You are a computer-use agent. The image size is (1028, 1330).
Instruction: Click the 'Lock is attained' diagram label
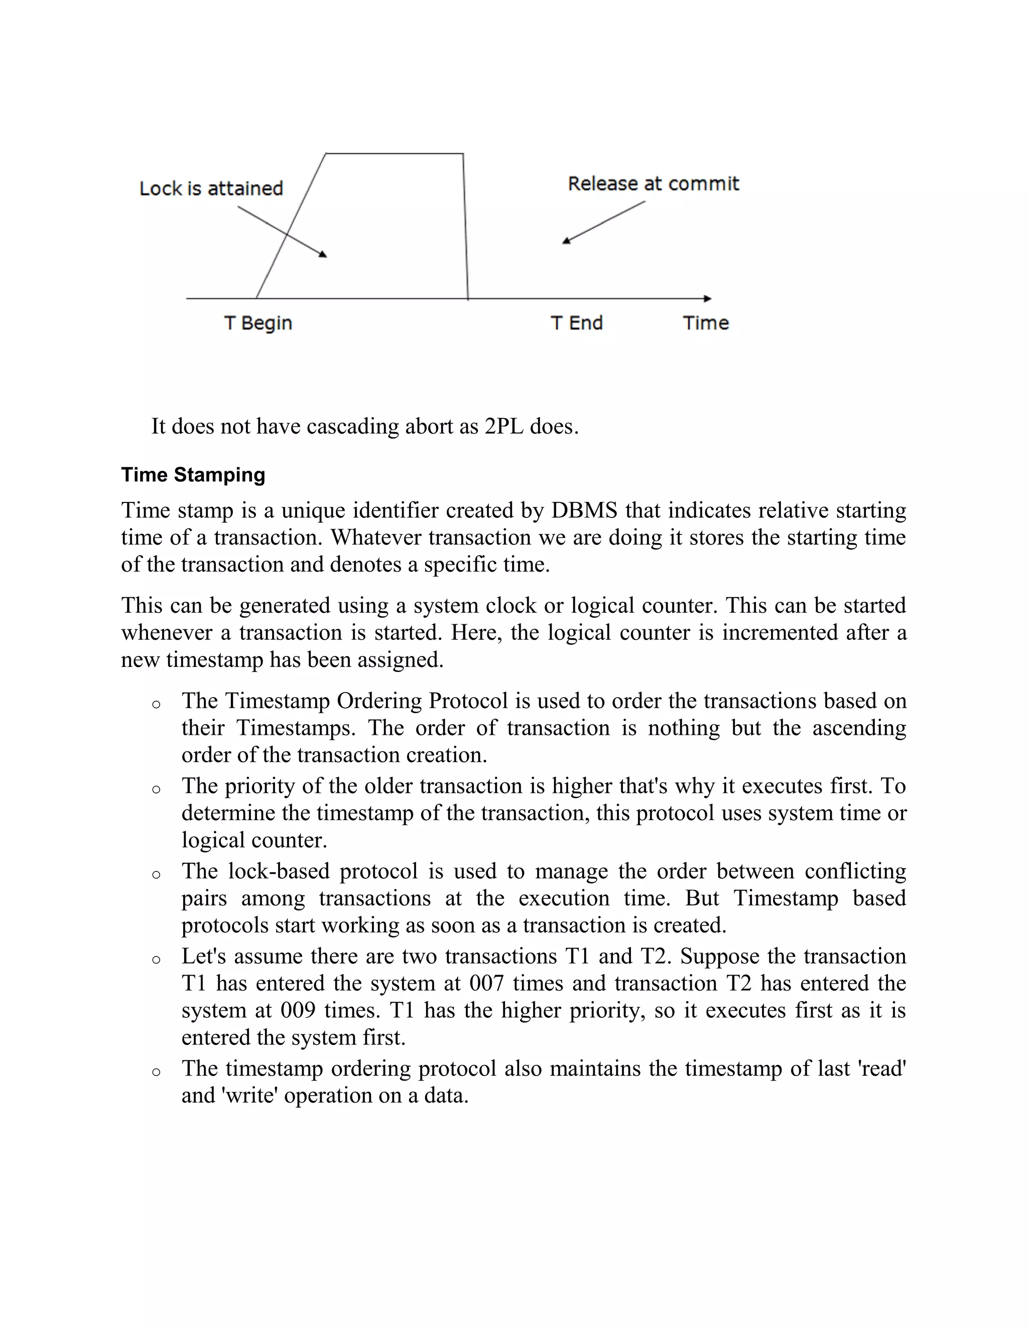click(x=211, y=188)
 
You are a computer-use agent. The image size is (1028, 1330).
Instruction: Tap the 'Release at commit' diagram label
click(x=653, y=183)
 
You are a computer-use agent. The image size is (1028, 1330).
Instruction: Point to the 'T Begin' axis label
click(x=258, y=323)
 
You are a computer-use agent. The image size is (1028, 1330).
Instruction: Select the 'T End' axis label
click(x=576, y=323)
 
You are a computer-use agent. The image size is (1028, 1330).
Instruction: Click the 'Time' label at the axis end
click(x=705, y=323)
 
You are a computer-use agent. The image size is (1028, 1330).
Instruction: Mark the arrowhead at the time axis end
click(x=707, y=299)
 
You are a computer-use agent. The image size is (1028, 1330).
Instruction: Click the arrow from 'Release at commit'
click(x=603, y=223)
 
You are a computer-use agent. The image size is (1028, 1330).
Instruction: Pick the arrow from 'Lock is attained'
click(x=282, y=231)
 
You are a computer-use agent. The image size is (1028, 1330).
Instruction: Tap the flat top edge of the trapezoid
click(x=395, y=154)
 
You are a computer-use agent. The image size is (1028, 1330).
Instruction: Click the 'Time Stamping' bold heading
click(x=193, y=474)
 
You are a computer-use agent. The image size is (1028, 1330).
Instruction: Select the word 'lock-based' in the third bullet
click(x=279, y=871)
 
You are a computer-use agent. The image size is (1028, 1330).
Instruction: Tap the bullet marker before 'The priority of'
click(x=156, y=790)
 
